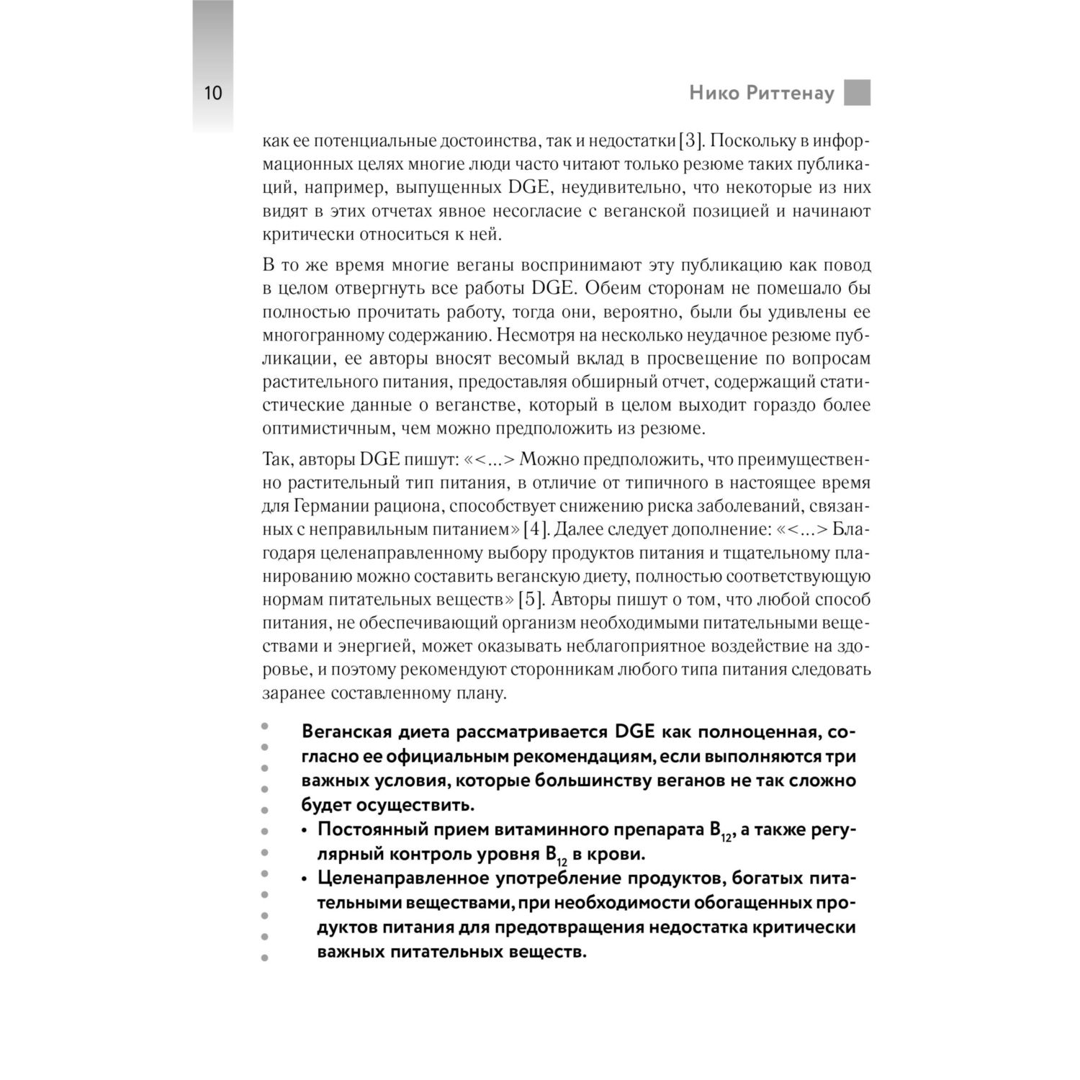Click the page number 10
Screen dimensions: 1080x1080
pos(213,94)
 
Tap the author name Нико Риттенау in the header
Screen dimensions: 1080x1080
pos(761,94)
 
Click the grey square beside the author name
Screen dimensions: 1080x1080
pos(857,93)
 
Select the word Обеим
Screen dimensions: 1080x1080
pos(632,289)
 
